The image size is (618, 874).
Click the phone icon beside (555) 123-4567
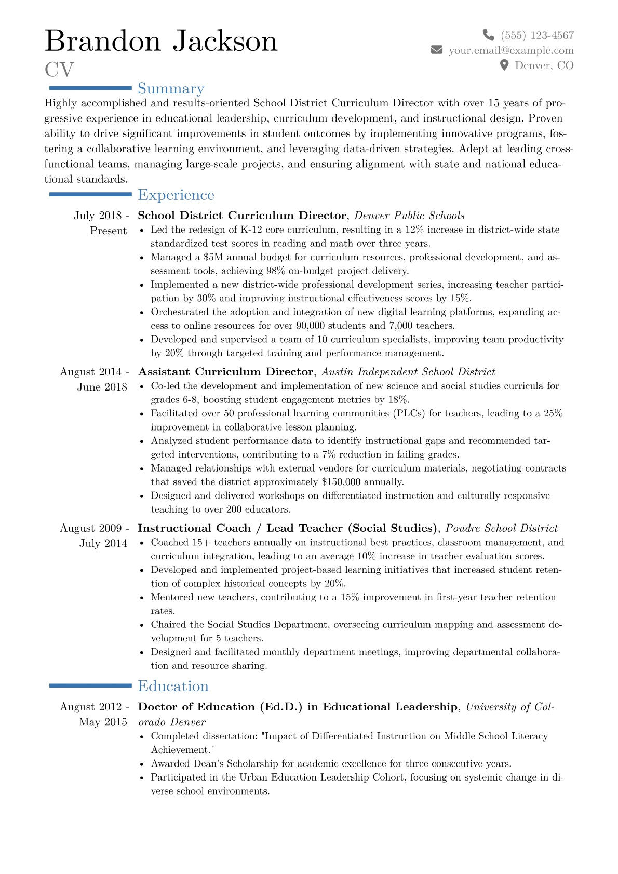488,35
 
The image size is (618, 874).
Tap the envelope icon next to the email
437,50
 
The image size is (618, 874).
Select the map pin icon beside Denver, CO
504,65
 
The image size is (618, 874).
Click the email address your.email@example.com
511,50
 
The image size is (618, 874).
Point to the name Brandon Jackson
161,41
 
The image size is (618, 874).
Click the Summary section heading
171,89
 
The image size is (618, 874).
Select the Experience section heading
176,195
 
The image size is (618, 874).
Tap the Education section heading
173,686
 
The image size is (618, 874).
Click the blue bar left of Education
90,686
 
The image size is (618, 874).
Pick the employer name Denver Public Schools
409,216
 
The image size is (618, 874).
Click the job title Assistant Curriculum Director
225,372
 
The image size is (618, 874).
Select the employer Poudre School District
501,528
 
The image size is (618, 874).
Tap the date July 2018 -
101,216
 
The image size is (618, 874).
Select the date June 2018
102,387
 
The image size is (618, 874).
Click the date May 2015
103,722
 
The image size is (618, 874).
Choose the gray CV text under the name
59,70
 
